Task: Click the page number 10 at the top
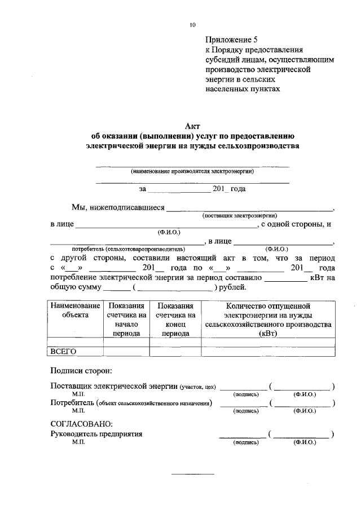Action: [x=193, y=25]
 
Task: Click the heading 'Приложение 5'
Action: [x=231, y=39]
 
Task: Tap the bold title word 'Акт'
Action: [x=192, y=127]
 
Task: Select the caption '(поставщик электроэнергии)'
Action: [x=240, y=215]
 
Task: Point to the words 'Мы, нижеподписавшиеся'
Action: [x=118, y=207]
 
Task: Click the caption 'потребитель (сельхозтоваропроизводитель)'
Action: [x=128, y=248]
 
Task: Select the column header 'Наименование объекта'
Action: [x=76, y=310]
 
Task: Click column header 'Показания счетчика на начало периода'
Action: [x=126, y=319]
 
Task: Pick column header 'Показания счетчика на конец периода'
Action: [x=175, y=319]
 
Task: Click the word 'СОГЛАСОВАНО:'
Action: [x=82, y=423]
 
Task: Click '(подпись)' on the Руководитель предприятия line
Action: [x=245, y=443]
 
